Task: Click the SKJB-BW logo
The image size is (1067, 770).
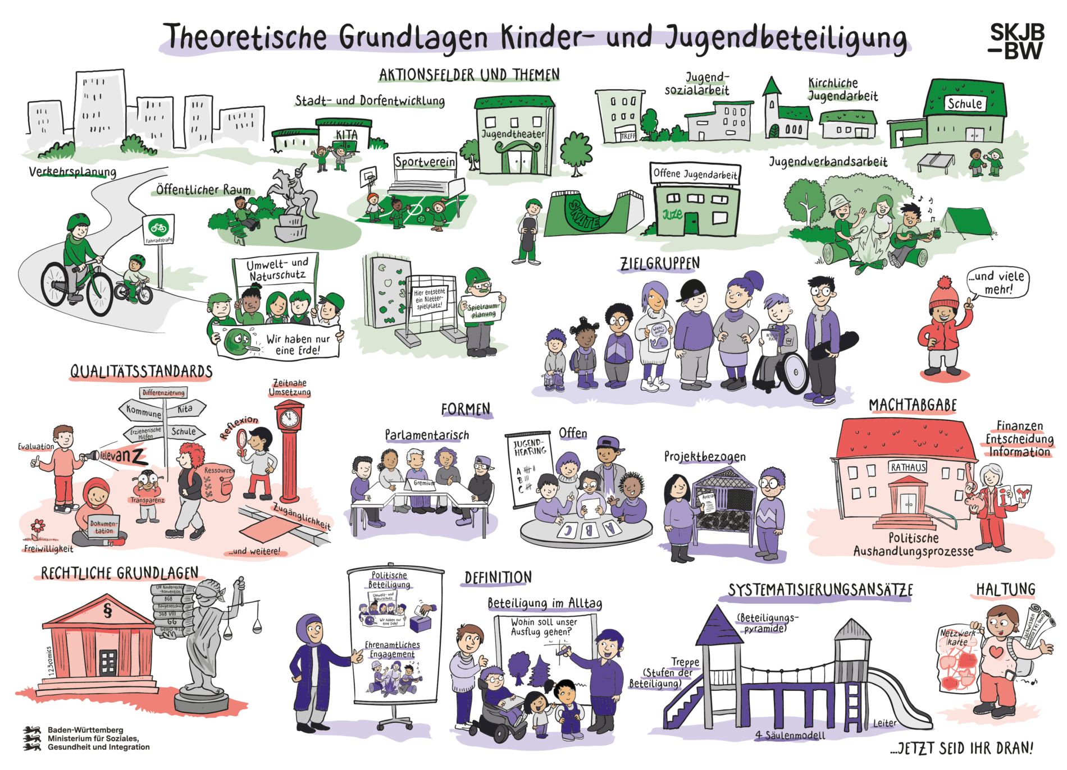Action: (1016, 41)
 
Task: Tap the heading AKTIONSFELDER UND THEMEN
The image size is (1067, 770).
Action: (469, 75)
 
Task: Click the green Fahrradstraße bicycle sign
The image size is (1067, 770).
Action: (158, 228)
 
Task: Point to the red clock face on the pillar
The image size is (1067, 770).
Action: (290, 417)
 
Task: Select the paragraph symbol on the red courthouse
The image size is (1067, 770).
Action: (108, 610)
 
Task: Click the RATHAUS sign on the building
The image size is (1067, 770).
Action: (908, 467)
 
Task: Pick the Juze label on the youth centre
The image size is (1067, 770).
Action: (672, 214)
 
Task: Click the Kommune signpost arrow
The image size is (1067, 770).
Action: (143, 411)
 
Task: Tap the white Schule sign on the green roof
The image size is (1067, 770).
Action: (964, 104)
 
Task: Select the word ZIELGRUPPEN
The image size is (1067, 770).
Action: (659, 264)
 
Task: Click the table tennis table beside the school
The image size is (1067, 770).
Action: (936, 161)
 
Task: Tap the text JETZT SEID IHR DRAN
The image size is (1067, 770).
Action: (961, 748)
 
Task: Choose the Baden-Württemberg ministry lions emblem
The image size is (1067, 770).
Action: (32, 739)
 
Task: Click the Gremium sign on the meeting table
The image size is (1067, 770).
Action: (423, 483)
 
